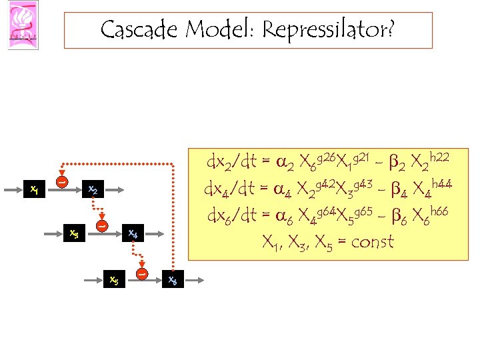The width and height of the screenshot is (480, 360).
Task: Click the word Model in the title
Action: [218, 30]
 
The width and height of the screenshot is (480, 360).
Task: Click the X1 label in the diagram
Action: [34, 190]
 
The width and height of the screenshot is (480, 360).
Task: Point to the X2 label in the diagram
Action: [93, 190]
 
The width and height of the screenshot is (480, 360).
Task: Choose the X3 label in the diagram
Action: [75, 233]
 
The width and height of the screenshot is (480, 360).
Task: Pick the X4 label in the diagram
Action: [133, 234]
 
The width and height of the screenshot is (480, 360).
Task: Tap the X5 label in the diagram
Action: [114, 280]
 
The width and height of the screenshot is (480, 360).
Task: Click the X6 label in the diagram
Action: [172, 280]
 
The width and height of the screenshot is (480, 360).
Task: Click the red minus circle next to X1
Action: [61, 181]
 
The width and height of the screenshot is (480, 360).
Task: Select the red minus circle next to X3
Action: [102, 226]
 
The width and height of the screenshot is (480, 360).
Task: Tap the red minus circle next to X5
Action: [141, 272]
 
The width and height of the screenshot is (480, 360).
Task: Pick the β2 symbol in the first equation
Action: [395, 162]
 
